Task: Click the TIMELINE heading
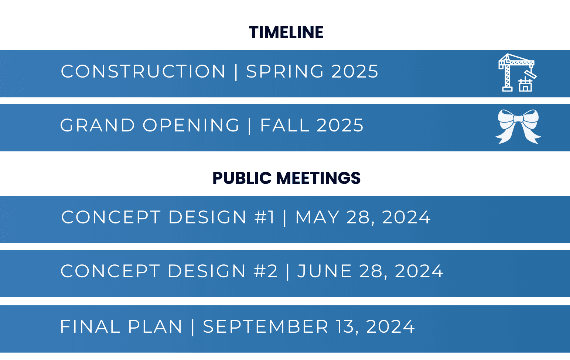pyautogui.click(x=286, y=32)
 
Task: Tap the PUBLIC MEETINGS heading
pyautogui.click(x=286, y=178)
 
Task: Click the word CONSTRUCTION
pyautogui.click(x=143, y=71)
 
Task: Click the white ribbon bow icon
pyautogui.click(x=518, y=126)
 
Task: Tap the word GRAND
pyautogui.click(x=98, y=126)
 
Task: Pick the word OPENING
pyautogui.click(x=191, y=126)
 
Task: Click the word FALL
pyautogui.click(x=284, y=126)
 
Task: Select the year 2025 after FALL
pyautogui.click(x=340, y=126)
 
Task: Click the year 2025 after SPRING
pyautogui.click(x=355, y=71)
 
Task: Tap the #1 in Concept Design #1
pyautogui.click(x=264, y=217)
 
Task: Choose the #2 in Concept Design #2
pyautogui.click(x=266, y=271)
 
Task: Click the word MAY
pyautogui.click(x=317, y=217)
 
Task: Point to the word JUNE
pyautogui.click(x=324, y=271)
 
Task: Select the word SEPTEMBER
pyautogui.click(x=266, y=326)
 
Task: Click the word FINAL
pyautogui.click(x=90, y=326)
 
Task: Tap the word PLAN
pyautogui.click(x=155, y=326)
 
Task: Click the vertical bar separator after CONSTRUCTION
pyautogui.click(x=236, y=71)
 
